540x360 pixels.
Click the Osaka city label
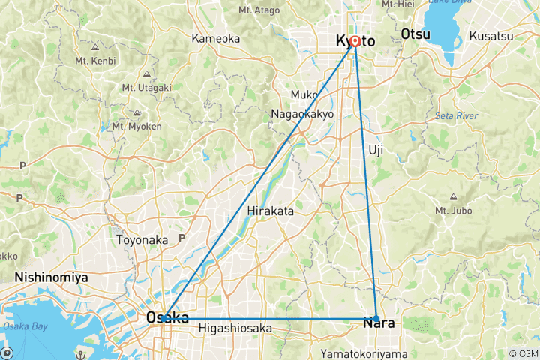(x=167, y=318)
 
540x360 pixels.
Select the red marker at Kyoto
(x=354, y=43)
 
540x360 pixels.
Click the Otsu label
(x=416, y=35)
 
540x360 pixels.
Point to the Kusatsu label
(x=491, y=35)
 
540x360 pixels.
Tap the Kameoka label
(x=214, y=38)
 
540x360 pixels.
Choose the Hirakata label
(x=269, y=211)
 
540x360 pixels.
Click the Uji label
(x=376, y=150)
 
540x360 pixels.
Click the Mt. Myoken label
(x=136, y=126)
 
